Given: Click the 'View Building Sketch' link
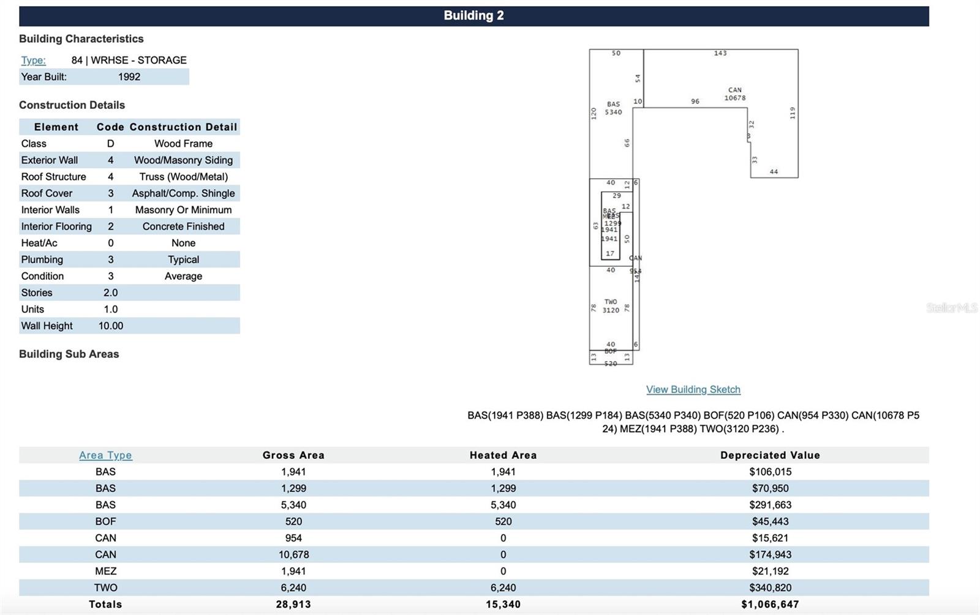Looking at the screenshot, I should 693,389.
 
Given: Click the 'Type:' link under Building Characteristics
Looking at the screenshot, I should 33,60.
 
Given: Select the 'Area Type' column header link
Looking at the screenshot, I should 105,455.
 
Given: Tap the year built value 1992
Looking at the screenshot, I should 129,76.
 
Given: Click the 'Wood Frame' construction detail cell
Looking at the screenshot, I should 183,143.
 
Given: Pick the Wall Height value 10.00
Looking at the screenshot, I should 111,326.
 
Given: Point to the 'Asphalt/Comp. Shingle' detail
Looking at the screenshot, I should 183,193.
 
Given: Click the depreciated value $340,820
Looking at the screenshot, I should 770,587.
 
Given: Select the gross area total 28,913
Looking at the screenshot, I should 293,604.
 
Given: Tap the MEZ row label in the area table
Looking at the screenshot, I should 105,570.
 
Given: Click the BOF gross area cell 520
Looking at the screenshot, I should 293,521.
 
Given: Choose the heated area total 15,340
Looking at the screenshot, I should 503,604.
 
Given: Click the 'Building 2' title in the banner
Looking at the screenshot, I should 473,16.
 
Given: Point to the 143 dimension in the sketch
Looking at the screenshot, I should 720,53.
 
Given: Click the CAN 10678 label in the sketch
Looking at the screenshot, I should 734,94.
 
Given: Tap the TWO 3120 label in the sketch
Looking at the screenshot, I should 611,306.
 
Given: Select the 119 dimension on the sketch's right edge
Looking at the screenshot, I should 792,113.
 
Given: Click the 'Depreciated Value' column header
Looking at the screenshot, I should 769,455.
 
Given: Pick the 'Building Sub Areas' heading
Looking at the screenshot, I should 69,354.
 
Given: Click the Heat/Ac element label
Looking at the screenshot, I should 39,243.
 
